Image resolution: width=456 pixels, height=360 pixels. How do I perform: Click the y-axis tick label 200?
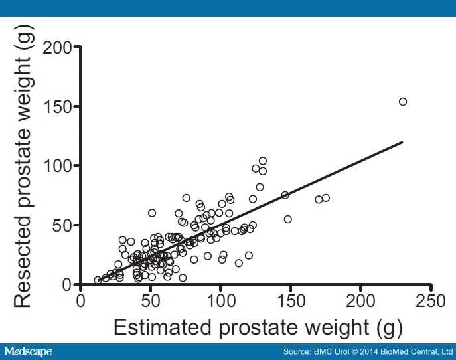click(58, 48)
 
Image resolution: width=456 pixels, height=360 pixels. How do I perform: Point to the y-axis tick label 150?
click(58, 107)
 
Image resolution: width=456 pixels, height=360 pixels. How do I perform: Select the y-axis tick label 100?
click(58, 166)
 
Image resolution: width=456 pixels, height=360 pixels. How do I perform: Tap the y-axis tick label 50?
click(63, 225)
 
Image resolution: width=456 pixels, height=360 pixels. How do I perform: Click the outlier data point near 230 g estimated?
click(403, 102)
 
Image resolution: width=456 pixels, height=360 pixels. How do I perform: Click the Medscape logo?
click(28, 351)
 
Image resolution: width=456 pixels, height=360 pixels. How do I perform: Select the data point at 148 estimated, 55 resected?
click(288, 219)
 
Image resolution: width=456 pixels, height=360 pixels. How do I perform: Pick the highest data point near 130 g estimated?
click(263, 161)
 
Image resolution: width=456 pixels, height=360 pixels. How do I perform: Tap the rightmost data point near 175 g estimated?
click(326, 198)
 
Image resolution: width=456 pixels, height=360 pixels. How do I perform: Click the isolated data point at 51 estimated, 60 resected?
click(152, 213)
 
